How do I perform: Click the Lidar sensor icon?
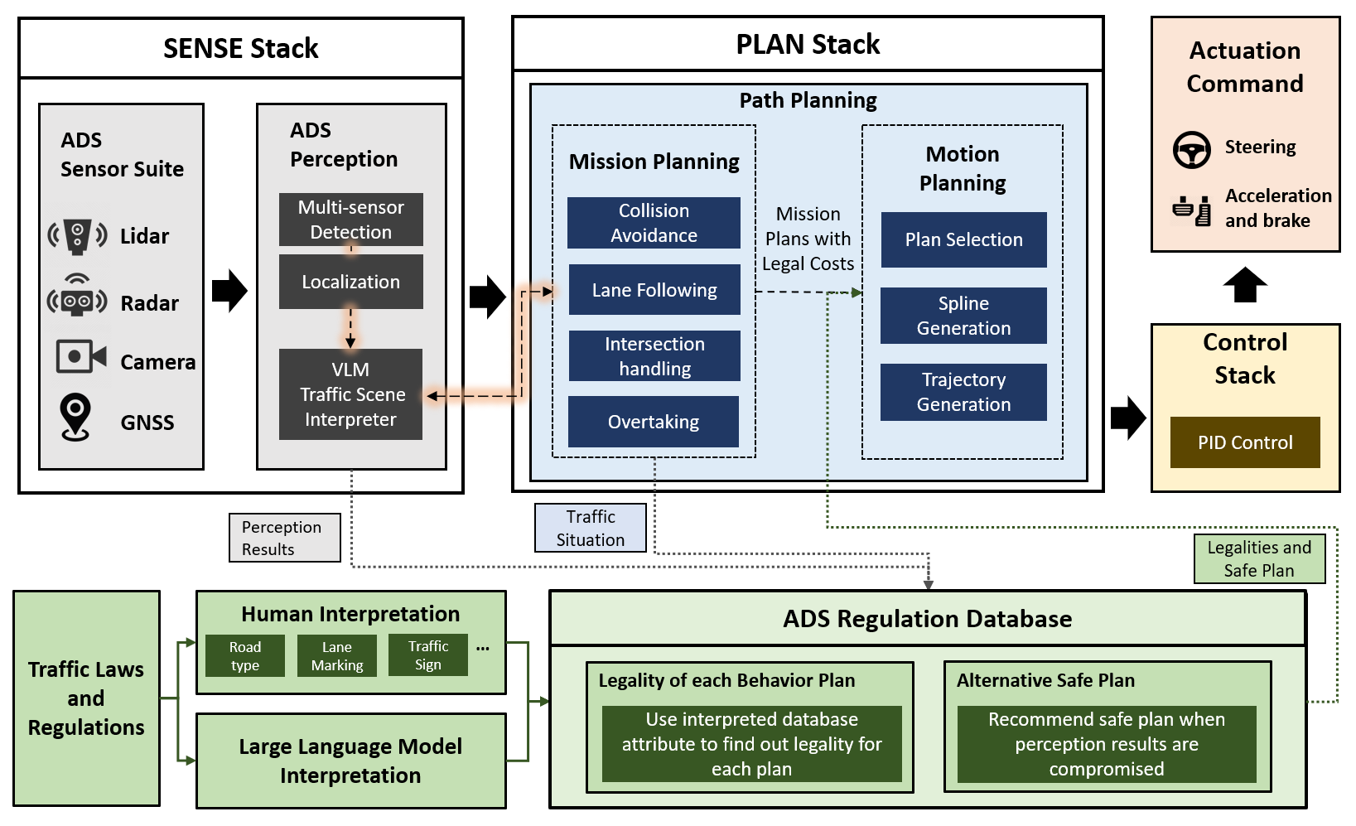point(77,236)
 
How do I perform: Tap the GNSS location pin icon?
point(75,417)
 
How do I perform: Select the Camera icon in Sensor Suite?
point(80,357)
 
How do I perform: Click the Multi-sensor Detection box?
point(350,220)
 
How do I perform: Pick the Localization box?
point(350,282)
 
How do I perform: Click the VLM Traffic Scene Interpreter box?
point(350,394)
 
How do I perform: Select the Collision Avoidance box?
point(654,223)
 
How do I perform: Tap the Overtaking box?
point(654,422)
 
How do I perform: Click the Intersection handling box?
point(654,356)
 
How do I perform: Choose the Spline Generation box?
point(963,316)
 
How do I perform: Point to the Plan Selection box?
point(963,240)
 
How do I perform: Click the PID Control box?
point(1244,442)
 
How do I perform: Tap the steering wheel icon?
point(1191,150)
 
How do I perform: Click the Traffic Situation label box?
point(591,528)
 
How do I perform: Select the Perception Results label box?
point(284,538)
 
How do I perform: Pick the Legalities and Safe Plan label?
point(1259,558)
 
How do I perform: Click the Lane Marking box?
point(337,656)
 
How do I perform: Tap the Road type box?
point(245,656)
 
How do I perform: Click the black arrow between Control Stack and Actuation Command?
point(1244,285)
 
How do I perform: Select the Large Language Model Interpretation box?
point(350,761)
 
